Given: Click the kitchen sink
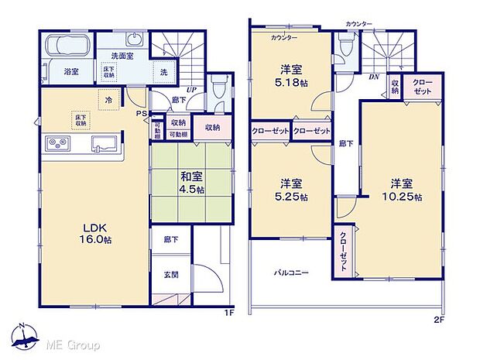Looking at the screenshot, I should [103, 142].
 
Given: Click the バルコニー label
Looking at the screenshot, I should [290, 273].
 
